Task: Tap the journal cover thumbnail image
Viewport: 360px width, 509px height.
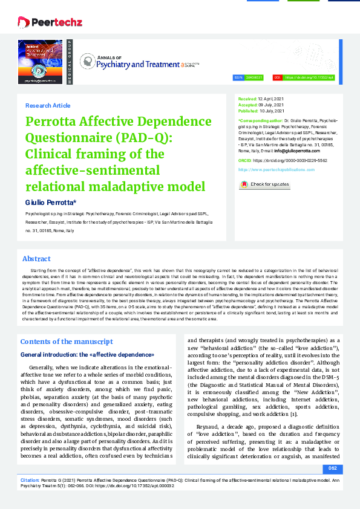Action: (x=40, y=62)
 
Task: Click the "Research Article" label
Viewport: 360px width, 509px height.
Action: (x=47, y=105)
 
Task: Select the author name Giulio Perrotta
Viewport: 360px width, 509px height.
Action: (x=50, y=201)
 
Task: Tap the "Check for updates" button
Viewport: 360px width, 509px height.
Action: (x=264, y=184)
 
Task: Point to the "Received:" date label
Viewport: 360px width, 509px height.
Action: (x=247, y=98)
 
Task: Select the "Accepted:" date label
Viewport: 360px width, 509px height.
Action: (x=247, y=105)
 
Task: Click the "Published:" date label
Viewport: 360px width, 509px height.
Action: (x=248, y=111)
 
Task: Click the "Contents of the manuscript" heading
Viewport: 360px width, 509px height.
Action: (x=67, y=342)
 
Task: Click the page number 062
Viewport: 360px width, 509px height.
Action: (x=332, y=468)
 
